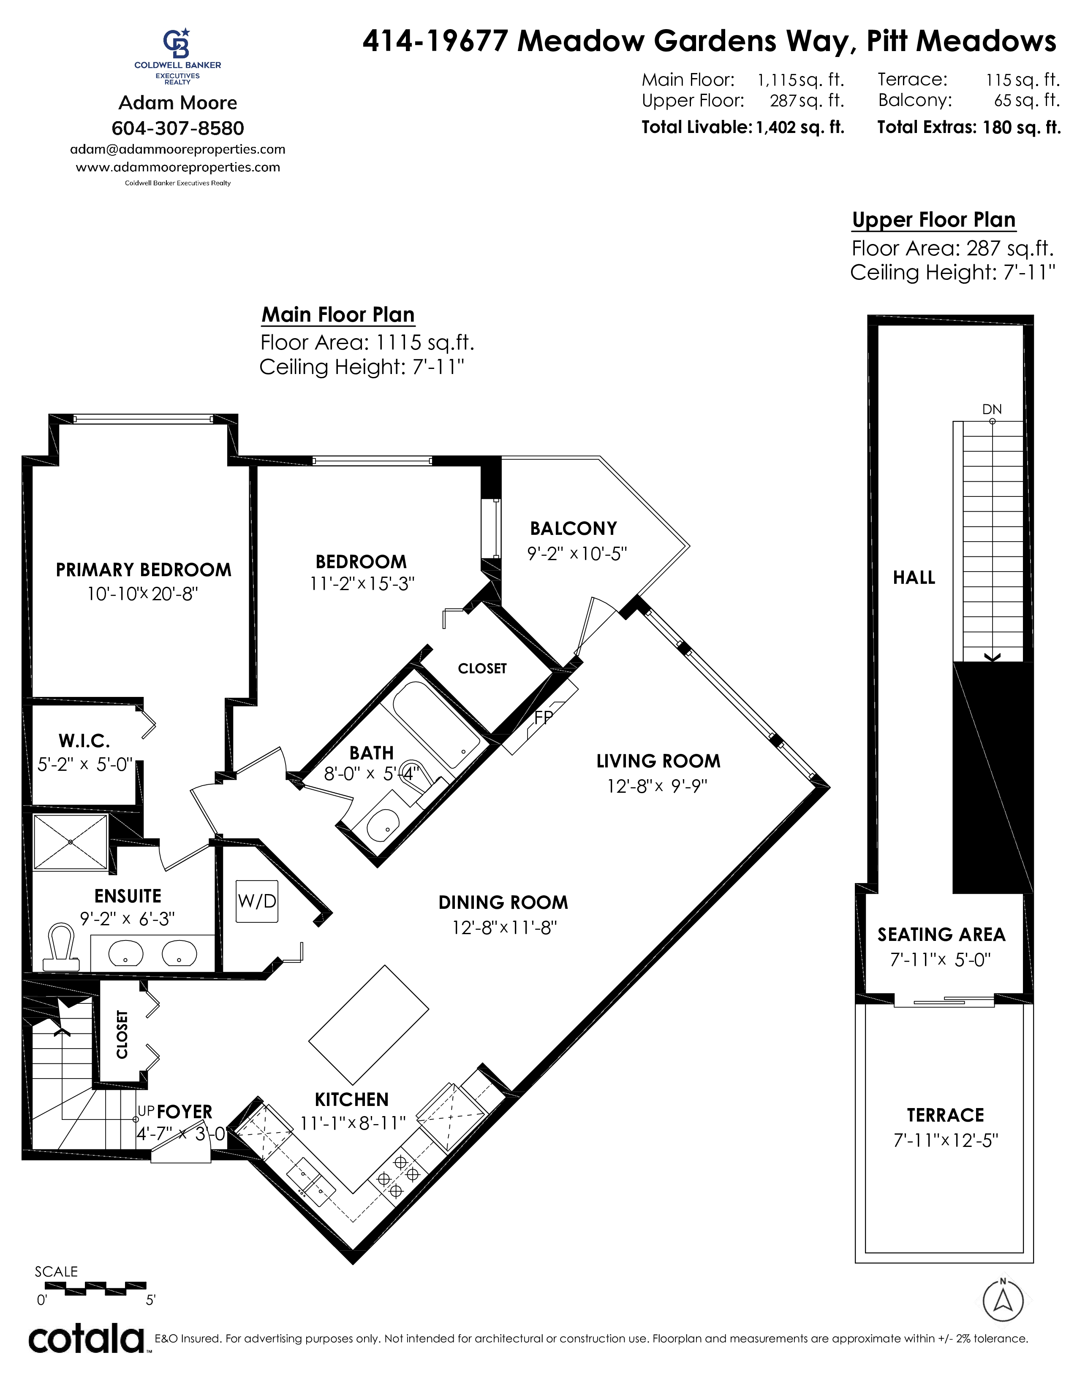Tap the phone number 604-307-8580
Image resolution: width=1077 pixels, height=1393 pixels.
(178, 128)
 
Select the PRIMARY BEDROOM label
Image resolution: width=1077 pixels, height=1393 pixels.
(144, 569)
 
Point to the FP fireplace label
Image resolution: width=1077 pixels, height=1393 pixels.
(543, 718)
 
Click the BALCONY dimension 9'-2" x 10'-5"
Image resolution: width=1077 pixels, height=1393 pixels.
(577, 554)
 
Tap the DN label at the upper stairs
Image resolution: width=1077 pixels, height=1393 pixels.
(992, 409)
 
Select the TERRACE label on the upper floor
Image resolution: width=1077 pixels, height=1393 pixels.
(946, 1115)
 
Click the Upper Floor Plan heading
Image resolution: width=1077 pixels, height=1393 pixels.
(933, 220)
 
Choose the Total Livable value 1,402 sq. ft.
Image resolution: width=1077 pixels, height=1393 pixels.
(800, 127)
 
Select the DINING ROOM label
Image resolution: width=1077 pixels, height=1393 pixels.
(503, 902)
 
